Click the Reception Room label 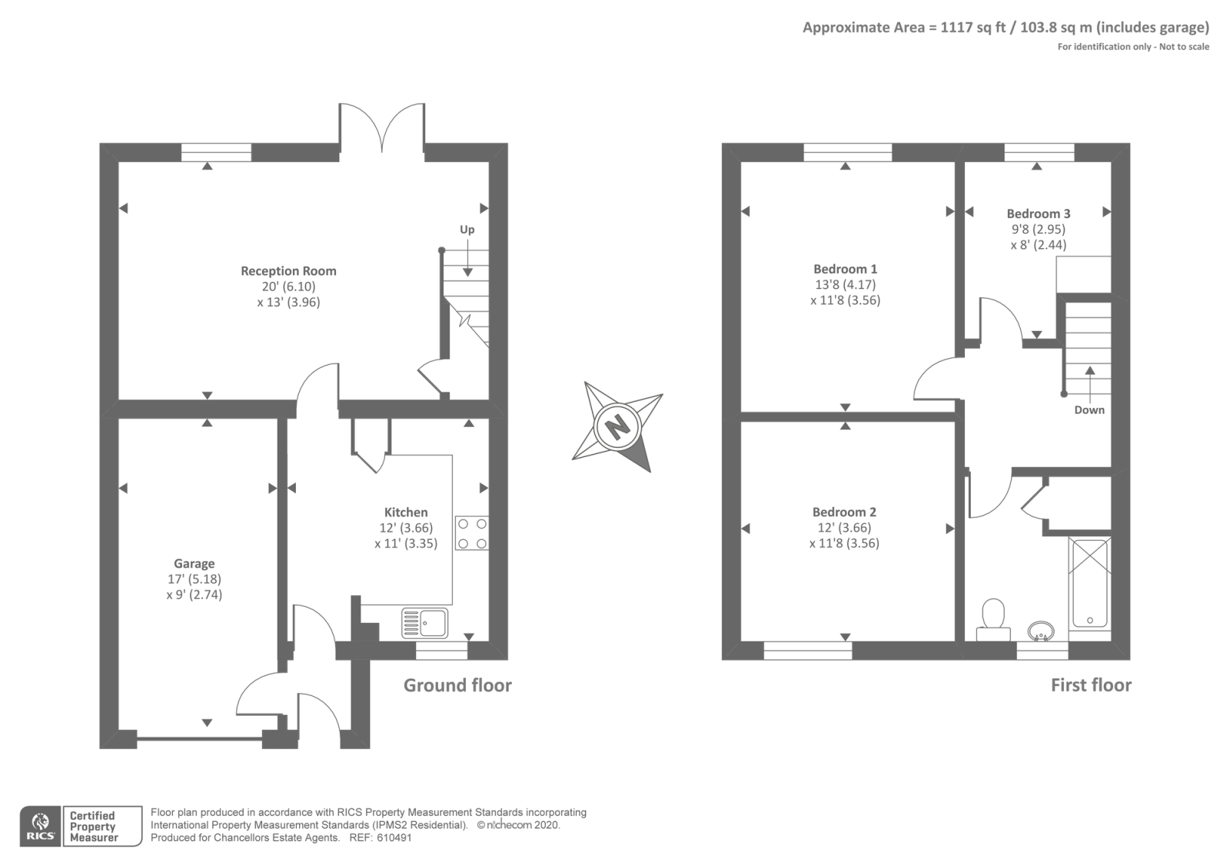tap(288, 270)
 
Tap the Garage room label tap(194, 564)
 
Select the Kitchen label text tap(406, 512)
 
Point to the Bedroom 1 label tap(845, 269)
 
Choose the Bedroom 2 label tap(845, 512)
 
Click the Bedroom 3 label tap(1039, 214)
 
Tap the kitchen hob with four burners tap(472, 533)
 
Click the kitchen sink tap(424, 623)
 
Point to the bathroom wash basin tap(1041, 631)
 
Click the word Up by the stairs tap(467, 230)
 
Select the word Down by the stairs tap(1089, 410)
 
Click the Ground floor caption tap(457, 685)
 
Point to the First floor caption tap(1091, 685)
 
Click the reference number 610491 tap(394, 838)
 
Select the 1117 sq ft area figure tap(973, 28)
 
